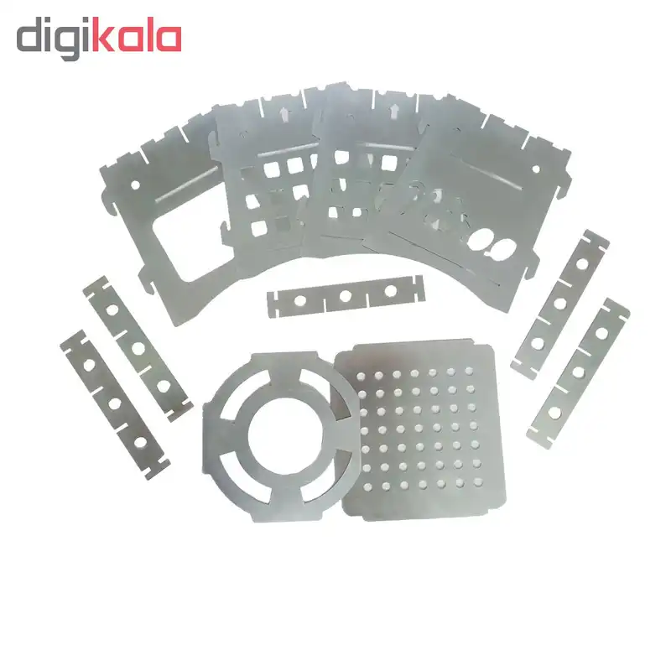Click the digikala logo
coord(99,38)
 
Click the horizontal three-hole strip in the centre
coord(346,296)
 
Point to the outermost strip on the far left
coord(115,404)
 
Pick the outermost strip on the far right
coord(578,373)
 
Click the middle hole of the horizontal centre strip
coord(346,296)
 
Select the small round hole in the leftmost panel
coord(135,185)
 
